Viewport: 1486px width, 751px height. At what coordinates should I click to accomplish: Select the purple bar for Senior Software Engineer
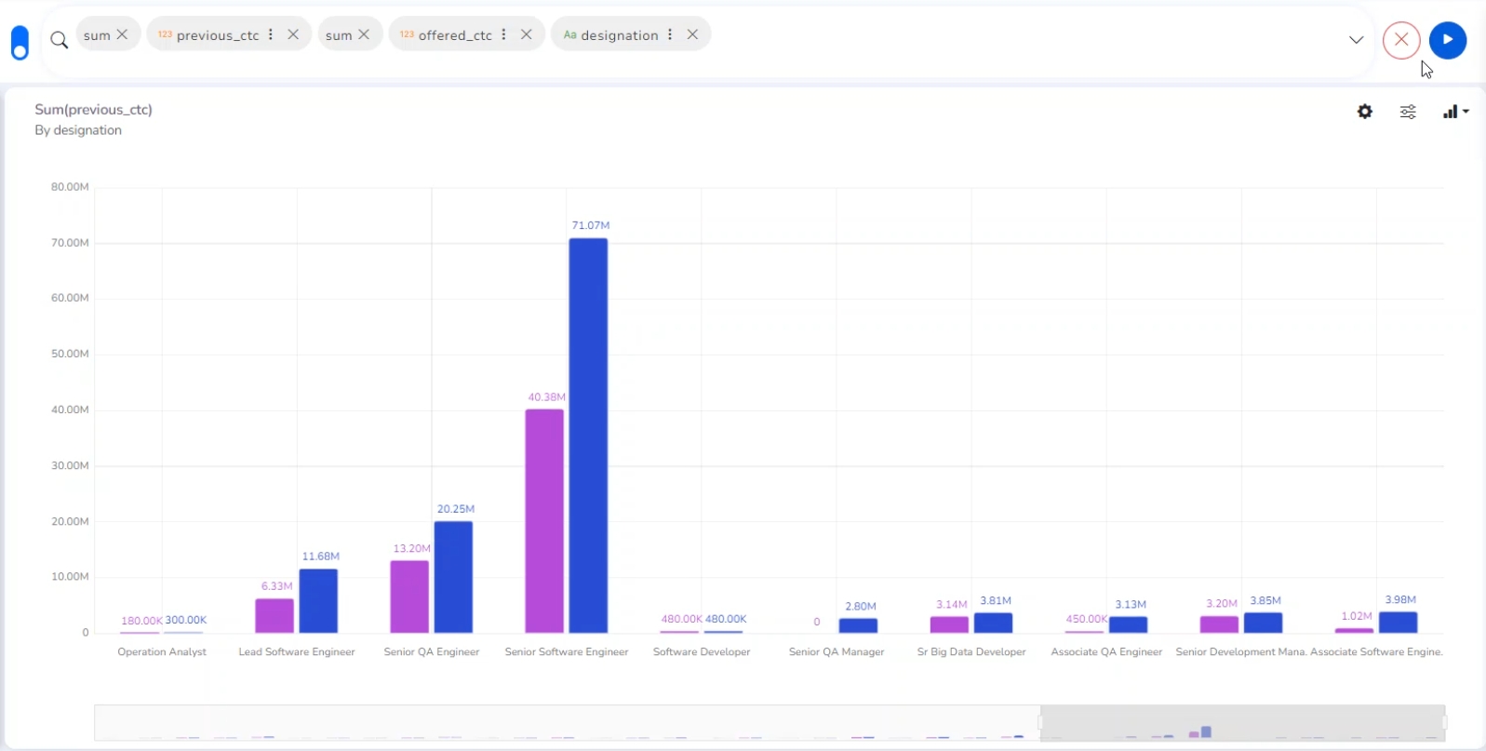coord(544,521)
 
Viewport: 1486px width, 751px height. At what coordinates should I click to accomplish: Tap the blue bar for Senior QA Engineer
coord(453,577)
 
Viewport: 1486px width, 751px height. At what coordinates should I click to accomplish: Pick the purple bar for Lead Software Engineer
coord(274,615)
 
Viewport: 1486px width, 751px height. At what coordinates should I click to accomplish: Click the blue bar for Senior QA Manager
coord(858,625)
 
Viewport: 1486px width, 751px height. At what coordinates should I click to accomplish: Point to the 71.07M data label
coord(591,225)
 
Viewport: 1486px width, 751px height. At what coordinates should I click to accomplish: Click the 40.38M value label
coord(546,397)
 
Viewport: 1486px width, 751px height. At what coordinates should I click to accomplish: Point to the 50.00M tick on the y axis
coord(70,354)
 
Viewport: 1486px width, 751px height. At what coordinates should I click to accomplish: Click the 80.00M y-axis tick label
coord(70,187)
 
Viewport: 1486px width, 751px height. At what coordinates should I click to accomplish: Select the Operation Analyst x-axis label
coord(162,652)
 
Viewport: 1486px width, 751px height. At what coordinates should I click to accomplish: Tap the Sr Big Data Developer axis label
coord(971,652)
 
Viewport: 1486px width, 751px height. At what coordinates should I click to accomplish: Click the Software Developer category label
coord(702,652)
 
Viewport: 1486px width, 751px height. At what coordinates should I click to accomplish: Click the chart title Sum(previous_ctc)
coord(93,110)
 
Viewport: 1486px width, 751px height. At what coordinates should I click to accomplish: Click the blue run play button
coord(1448,40)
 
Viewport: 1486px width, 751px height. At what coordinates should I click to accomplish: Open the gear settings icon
coord(1365,112)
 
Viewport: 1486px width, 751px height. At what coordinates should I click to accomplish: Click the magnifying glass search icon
coord(59,40)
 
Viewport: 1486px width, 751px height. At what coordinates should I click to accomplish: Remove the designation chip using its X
coord(692,34)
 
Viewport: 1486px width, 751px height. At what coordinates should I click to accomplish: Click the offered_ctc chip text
coord(455,35)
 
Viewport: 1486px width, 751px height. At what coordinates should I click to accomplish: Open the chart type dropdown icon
coord(1455,112)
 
